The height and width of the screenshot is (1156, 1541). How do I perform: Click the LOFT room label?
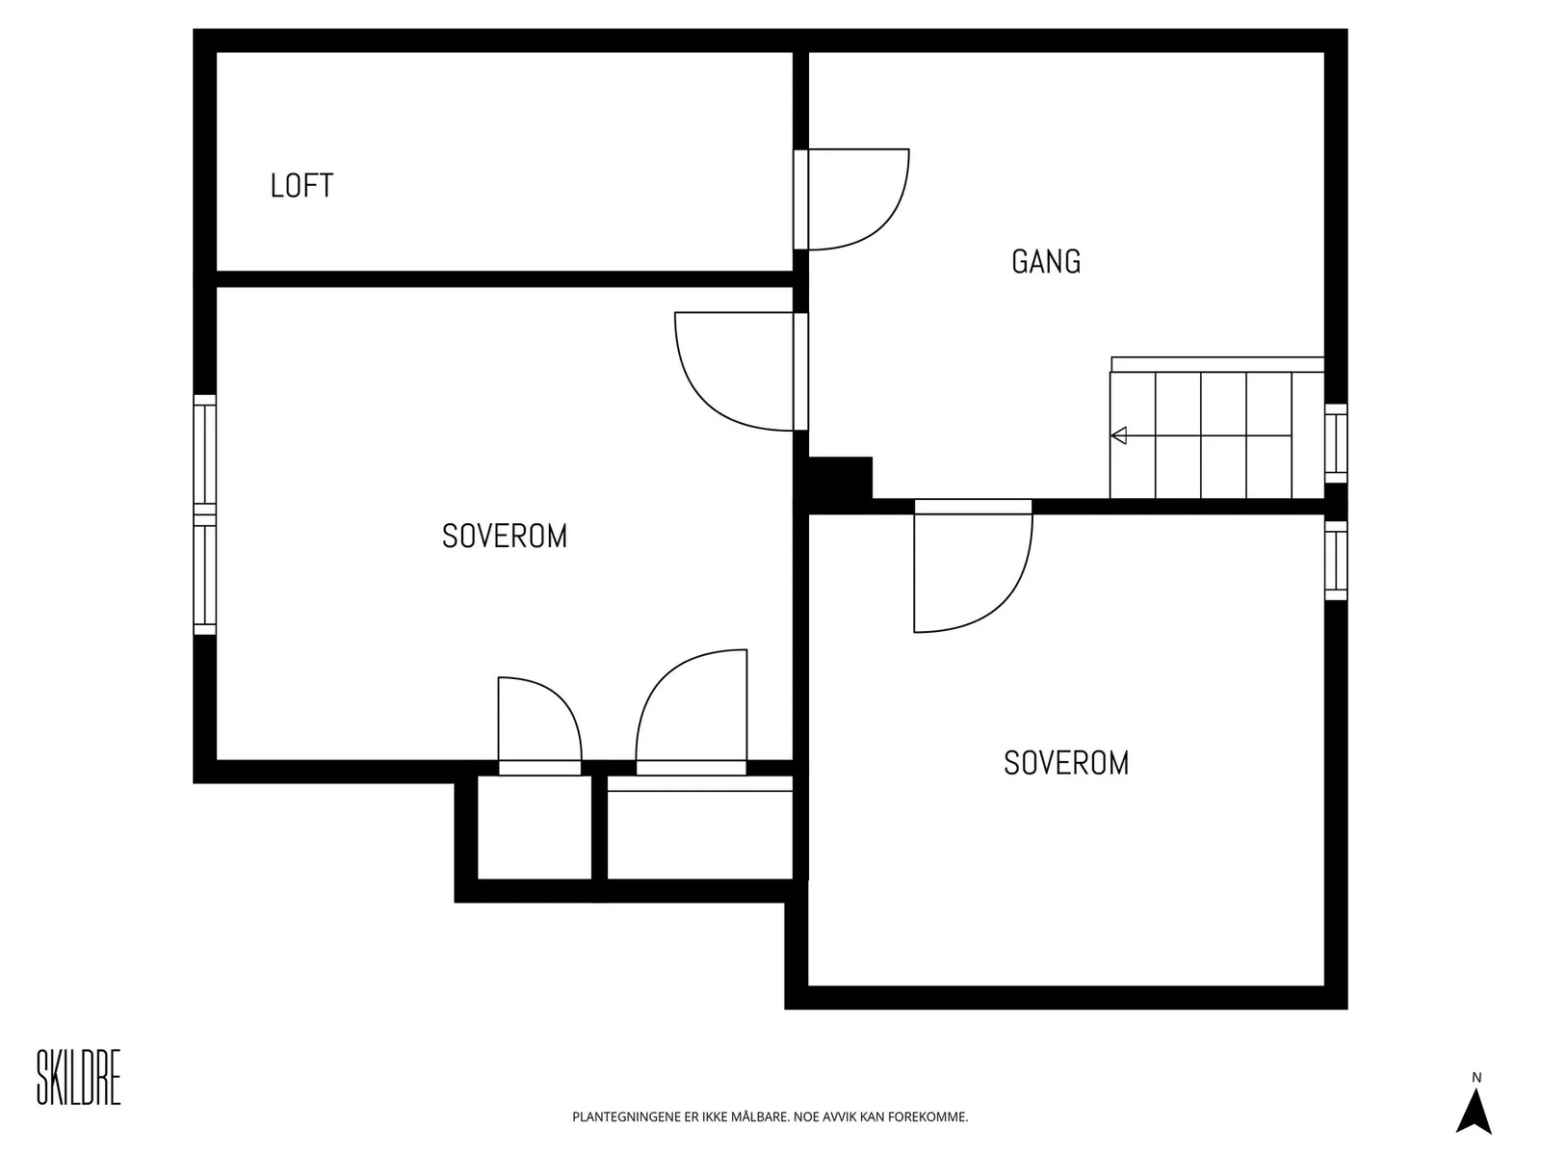point(301,186)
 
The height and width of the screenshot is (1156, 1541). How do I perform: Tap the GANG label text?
point(1045,262)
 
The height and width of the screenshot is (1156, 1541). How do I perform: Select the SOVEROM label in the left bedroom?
point(504,537)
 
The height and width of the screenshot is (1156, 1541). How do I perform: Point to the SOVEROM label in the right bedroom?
point(1066,763)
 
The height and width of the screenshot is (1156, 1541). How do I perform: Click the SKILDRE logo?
point(79,1077)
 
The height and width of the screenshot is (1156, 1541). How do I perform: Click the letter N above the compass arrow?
point(1476,1077)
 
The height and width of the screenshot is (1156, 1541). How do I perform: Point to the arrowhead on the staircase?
point(1118,435)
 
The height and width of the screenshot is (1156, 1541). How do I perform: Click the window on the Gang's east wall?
point(1335,443)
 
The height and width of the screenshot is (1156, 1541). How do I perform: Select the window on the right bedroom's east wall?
point(1335,561)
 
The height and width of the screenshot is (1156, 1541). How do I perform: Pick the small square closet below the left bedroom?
point(535,828)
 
